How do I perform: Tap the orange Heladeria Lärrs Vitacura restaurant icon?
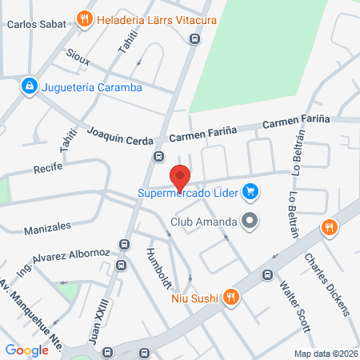click(x=84, y=18)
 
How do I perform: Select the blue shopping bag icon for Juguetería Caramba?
click(x=29, y=85)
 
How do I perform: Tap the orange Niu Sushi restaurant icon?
click(x=230, y=297)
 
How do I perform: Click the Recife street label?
click(x=47, y=170)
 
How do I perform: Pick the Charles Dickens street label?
click(x=326, y=283)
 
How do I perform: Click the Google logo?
click(x=26, y=350)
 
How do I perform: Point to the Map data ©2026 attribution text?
click(x=325, y=354)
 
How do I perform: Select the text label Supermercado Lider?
click(x=190, y=192)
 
